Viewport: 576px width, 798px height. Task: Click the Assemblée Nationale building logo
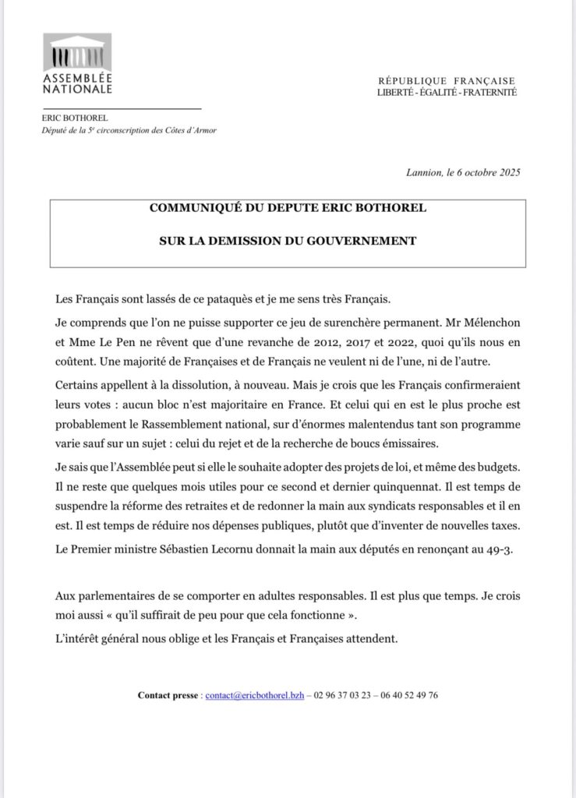(76, 53)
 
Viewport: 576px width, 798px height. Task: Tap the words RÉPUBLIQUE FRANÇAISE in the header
(447, 81)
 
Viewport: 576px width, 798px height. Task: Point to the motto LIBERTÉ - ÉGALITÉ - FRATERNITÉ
(447, 93)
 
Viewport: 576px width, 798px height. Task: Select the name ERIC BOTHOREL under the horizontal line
(69, 118)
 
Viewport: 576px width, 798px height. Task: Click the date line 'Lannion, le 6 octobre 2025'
(463, 171)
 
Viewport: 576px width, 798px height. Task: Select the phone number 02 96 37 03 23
(345, 695)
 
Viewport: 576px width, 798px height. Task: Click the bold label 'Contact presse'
(168, 695)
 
